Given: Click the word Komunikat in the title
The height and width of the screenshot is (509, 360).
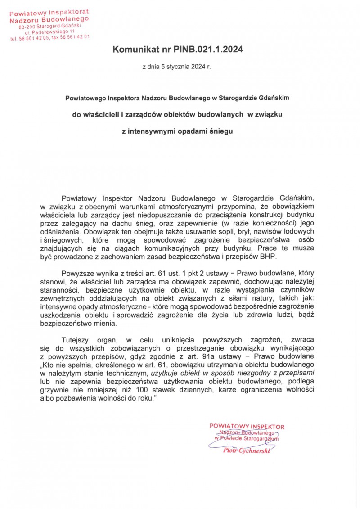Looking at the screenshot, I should click(x=135, y=50).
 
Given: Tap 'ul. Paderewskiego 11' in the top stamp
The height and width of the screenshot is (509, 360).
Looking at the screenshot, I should click(x=49, y=32).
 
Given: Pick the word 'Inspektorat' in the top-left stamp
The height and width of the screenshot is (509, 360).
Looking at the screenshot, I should click(x=67, y=11).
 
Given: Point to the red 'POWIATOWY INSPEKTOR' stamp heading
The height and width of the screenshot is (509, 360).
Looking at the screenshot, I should click(x=247, y=426).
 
